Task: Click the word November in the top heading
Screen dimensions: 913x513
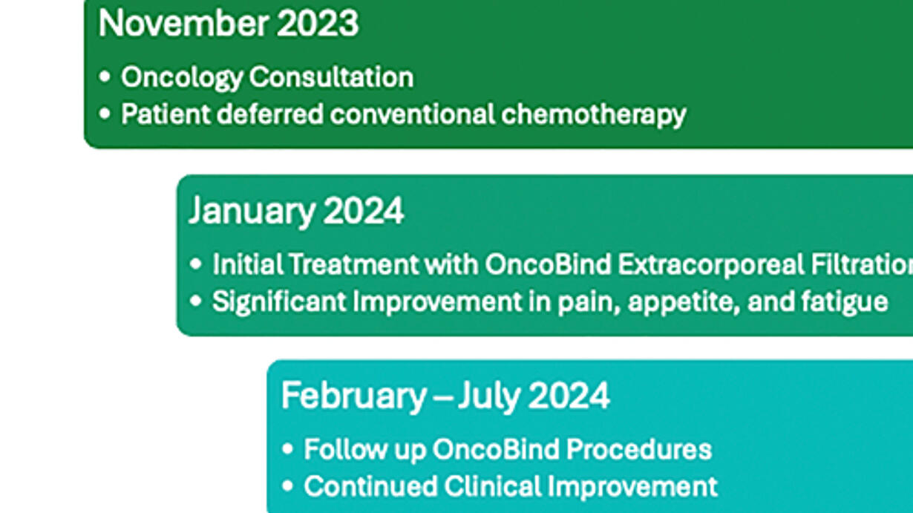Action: coord(183,23)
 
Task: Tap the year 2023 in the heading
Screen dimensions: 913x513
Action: coord(318,23)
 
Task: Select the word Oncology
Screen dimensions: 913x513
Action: coord(182,78)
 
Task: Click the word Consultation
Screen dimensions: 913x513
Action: coord(331,77)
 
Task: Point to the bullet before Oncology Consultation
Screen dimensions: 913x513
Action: coord(105,76)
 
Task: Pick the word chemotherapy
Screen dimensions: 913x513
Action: coord(594,115)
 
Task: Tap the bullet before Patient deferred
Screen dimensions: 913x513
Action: coord(105,114)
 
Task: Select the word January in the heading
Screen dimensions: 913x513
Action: coord(252,212)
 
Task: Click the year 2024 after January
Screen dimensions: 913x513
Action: coord(364,211)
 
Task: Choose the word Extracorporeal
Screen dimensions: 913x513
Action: coord(711,265)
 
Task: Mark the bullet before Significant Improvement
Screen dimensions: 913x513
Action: coord(196,301)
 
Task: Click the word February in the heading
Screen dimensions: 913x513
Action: coord(354,396)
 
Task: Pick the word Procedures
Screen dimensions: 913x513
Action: coord(639,449)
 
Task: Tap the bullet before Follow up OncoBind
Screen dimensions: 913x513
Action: coord(287,449)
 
